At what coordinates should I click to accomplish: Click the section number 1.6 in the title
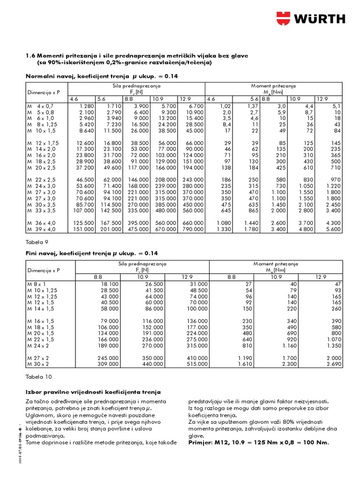(30, 56)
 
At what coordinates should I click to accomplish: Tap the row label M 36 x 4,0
(41, 223)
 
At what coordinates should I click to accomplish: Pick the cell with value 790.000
(194, 229)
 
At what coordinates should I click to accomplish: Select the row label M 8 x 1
(37, 284)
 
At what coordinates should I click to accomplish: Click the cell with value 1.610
(243, 364)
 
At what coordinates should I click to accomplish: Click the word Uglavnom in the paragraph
(40, 415)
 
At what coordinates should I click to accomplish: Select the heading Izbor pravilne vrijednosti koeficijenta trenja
(92, 391)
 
